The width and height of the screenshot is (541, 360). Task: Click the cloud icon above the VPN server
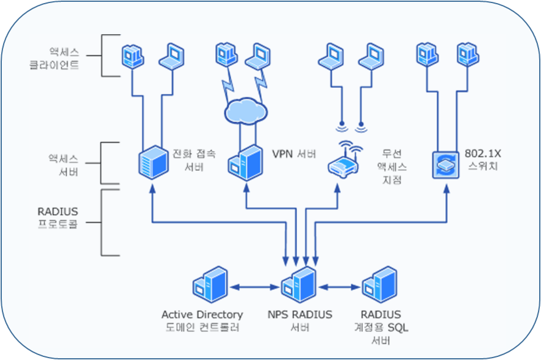pos(245,110)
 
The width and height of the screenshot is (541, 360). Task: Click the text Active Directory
pos(202,315)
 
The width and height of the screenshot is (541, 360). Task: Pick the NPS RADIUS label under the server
pos(300,315)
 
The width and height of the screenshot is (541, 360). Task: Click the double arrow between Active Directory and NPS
pos(253,287)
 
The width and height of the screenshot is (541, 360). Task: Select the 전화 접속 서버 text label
pos(194,159)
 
